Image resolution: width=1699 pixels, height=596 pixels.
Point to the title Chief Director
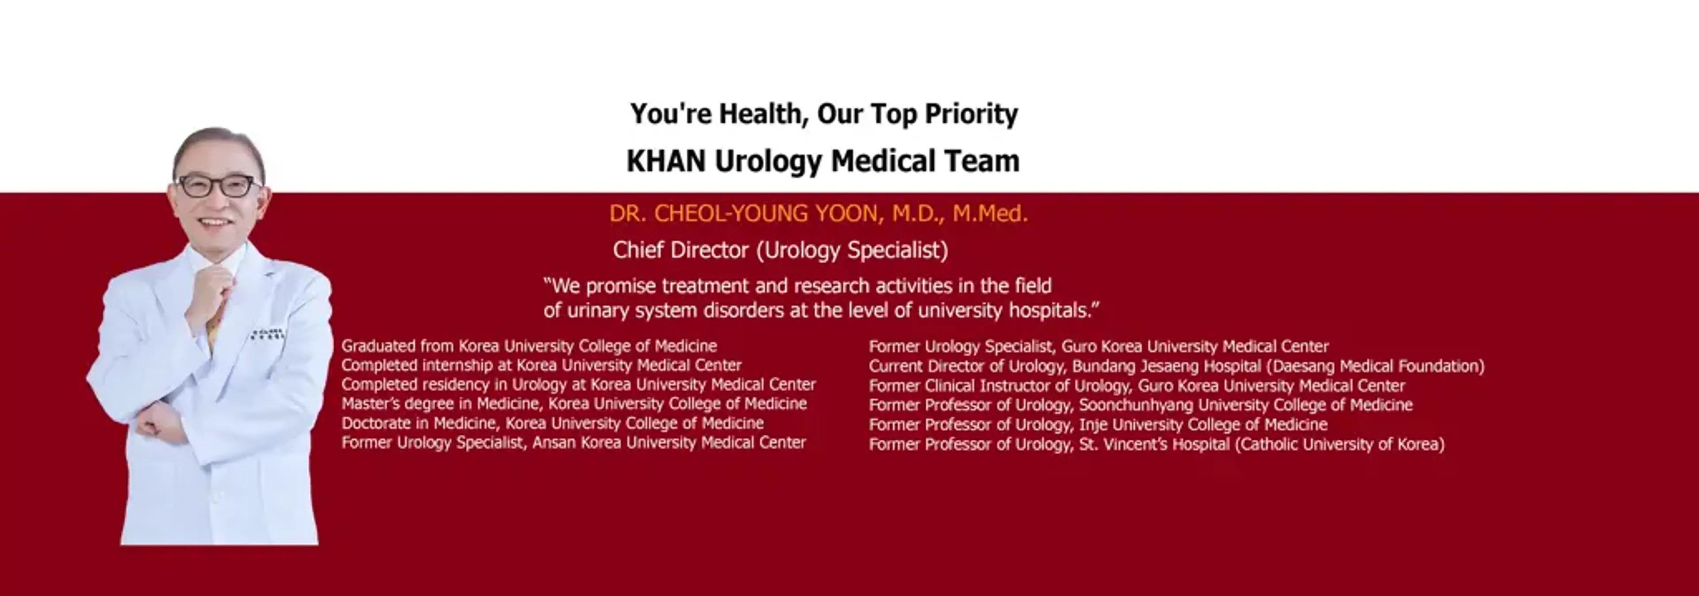click(x=680, y=250)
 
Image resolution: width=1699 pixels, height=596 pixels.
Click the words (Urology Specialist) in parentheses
click(x=852, y=251)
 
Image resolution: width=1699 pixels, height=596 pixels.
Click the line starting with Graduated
click(x=529, y=346)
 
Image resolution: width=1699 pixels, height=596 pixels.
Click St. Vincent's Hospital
click(x=1154, y=444)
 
